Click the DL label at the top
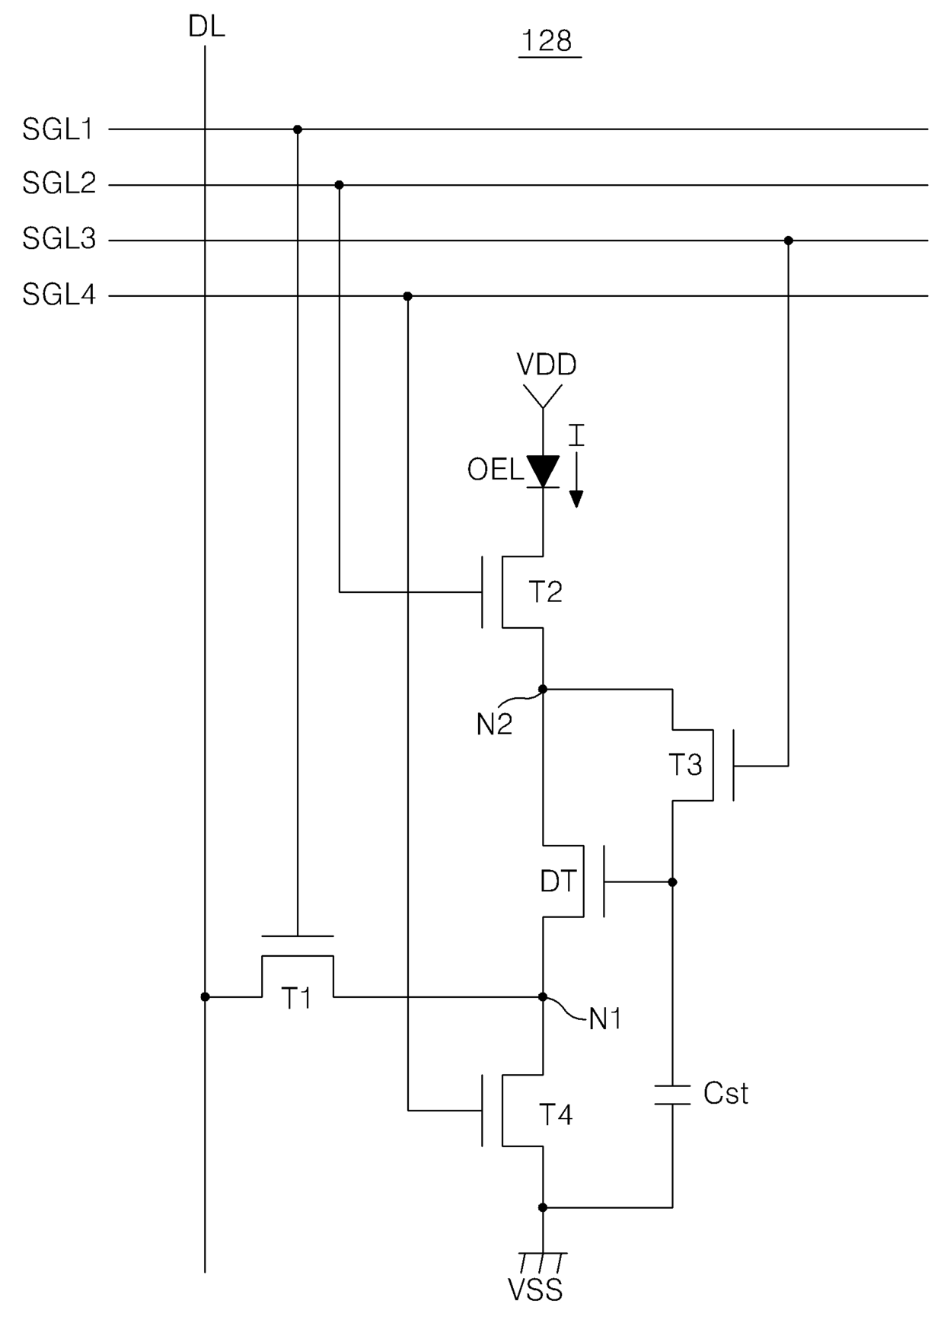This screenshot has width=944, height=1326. (206, 27)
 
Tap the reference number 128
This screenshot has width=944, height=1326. (547, 40)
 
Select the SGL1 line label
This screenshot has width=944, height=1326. (58, 129)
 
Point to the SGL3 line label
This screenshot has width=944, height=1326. (59, 239)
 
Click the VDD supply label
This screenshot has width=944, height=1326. (547, 365)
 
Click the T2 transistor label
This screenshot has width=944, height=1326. (545, 591)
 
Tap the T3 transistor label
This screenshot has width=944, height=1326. (685, 764)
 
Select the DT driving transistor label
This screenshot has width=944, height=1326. (559, 881)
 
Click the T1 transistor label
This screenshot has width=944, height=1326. (297, 998)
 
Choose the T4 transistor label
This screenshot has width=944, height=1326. (556, 1114)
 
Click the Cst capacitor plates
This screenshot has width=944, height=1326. (672, 1094)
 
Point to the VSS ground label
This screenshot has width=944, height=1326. (535, 1290)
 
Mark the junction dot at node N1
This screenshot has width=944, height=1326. (543, 996)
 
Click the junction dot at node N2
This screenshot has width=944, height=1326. (543, 689)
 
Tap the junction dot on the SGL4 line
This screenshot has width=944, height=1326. (407, 296)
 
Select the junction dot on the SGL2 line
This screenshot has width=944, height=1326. (339, 185)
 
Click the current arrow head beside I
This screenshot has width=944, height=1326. (576, 499)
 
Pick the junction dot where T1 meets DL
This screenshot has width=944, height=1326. (205, 996)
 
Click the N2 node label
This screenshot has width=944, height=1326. (494, 725)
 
